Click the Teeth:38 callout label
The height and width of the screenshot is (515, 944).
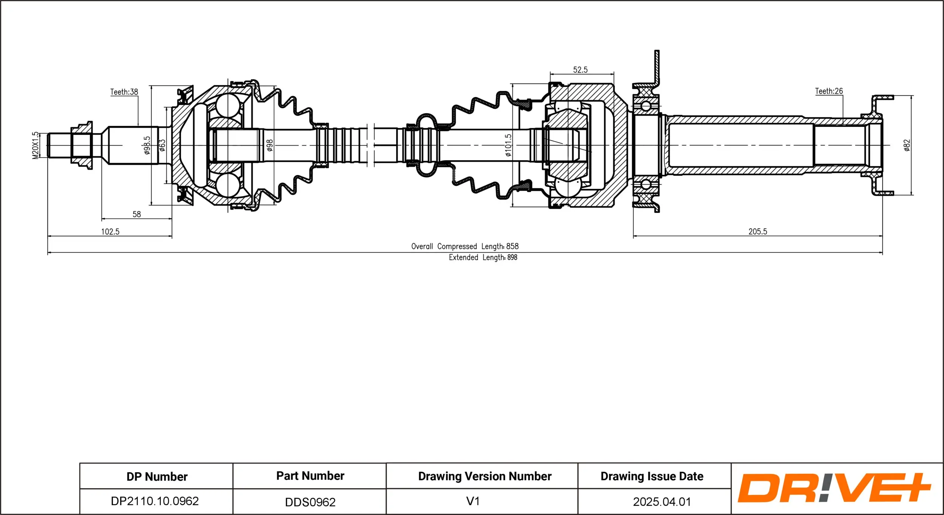click(124, 92)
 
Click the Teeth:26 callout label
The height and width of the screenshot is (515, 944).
click(829, 91)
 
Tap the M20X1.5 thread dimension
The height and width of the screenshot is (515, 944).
click(35, 145)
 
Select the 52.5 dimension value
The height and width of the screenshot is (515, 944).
click(580, 70)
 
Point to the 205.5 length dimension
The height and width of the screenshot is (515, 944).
click(758, 232)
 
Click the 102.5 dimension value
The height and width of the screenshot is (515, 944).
click(110, 232)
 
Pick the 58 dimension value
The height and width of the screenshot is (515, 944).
click(137, 214)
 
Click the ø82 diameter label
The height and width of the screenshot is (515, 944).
click(907, 145)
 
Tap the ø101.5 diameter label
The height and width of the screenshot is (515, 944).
click(508, 145)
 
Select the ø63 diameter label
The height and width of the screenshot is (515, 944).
click(162, 145)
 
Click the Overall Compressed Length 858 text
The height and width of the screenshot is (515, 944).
click(465, 246)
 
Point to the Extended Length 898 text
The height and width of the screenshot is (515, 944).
click(483, 257)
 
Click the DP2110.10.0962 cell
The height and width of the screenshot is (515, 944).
click(155, 501)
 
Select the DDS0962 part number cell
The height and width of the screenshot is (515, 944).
click(310, 502)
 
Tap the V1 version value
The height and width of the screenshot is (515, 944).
click(473, 501)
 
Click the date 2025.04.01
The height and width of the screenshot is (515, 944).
click(662, 502)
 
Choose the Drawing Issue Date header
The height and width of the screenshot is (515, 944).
click(652, 476)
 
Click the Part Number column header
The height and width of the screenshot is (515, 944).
click(310, 476)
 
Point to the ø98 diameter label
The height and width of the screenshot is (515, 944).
click(270, 145)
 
